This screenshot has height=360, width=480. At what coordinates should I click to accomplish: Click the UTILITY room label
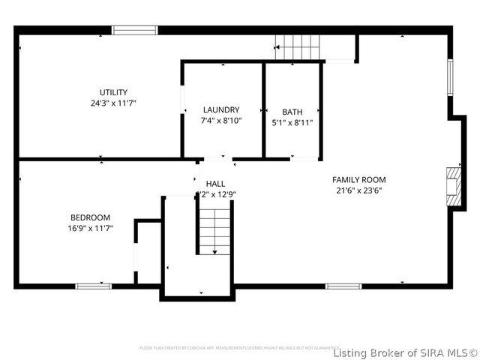pyautogui.click(x=113, y=92)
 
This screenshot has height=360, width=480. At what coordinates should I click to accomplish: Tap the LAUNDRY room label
pyautogui.click(x=220, y=109)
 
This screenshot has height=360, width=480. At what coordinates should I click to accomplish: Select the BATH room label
pyautogui.click(x=292, y=112)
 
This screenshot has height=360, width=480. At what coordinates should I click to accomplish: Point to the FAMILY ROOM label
pyautogui.click(x=359, y=179)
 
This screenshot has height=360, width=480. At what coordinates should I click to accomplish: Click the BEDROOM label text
pyautogui.click(x=90, y=217)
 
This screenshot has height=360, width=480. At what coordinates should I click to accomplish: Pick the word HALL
pyautogui.click(x=215, y=184)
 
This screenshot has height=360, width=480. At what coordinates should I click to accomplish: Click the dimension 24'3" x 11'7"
pyautogui.click(x=113, y=103)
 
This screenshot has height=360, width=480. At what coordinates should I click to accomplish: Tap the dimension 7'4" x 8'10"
pyautogui.click(x=220, y=120)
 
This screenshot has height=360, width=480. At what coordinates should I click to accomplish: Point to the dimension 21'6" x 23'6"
pyautogui.click(x=359, y=190)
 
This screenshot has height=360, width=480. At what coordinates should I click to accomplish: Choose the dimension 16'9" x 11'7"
pyautogui.click(x=90, y=228)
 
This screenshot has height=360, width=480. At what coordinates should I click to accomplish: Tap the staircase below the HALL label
pyautogui.click(x=215, y=231)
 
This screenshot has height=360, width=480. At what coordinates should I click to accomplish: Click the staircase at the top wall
pyautogui.click(x=298, y=47)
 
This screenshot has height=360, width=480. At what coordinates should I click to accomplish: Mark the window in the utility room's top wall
pyautogui.click(x=134, y=30)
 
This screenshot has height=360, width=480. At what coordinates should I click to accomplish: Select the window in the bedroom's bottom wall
pyautogui.click(x=94, y=286)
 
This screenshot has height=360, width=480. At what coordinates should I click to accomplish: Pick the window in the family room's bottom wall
pyautogui.click(x=343, y=286)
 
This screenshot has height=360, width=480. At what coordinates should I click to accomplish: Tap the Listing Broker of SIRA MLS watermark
pyautogui.click(x=405, y=352)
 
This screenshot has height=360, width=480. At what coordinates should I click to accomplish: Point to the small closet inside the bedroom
pyautogui.click(x=148, y=253)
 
